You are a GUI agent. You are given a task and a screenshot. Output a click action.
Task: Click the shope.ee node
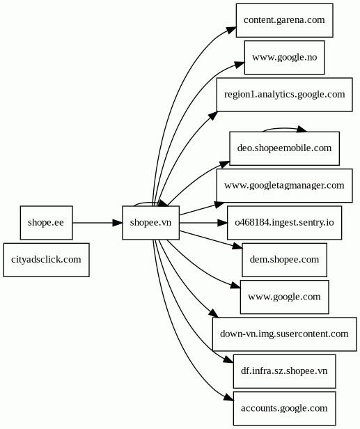click(x=46, y=223)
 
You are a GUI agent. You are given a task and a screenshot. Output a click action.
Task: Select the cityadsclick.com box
click(x=46, y=260)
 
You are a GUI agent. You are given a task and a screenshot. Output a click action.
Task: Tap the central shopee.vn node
click(x=150, y=223)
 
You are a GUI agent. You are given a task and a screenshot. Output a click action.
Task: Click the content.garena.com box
click(x=285, y=20)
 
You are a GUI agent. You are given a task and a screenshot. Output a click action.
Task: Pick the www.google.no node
click(x=285, y=57)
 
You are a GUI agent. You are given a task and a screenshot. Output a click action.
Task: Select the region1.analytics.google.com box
click(x=285, y=95)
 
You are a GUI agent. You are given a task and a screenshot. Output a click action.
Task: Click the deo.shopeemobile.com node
click(x=285, y=148)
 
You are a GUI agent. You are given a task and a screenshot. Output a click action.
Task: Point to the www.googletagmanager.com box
click(x=285, y=186)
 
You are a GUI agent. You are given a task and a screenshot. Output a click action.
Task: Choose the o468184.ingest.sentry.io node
click(x=285, y=223)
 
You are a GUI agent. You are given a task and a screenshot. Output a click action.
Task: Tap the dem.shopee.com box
click(x=285, y=260)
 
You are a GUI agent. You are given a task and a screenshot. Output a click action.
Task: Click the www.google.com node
click(x=285, y=297)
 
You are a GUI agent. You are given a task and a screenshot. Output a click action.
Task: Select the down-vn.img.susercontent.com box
click(x=285, y=334)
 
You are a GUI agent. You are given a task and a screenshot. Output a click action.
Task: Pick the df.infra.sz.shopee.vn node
click(x=285, y=372)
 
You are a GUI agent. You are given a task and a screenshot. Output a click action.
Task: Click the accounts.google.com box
click(x=285, y=409)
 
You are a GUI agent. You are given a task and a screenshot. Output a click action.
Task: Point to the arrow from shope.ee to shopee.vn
click(x=97, y=223)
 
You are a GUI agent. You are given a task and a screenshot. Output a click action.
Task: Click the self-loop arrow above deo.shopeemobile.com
click(x=285, y=128)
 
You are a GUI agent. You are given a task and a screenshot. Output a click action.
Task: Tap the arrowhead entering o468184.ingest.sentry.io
click(x=222, y=223)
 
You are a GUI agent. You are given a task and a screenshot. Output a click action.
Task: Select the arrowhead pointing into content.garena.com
click(x=231, y=29)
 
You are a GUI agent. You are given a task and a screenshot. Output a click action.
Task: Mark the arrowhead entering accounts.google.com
click(x=228, y=398)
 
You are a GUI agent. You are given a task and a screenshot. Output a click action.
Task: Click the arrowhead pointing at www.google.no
click(x=240, y=65)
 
